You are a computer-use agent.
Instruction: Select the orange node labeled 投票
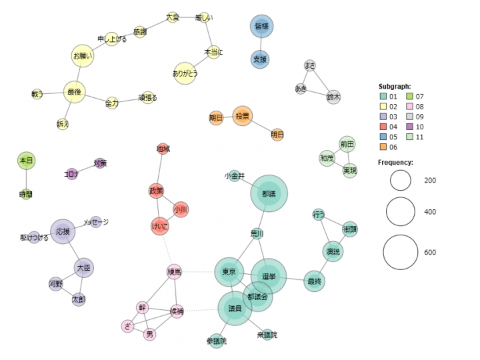243,116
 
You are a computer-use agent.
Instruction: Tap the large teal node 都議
269,194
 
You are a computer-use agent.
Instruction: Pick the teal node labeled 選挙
269,275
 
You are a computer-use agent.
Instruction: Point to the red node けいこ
160,227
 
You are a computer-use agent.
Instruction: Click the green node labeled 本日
26,161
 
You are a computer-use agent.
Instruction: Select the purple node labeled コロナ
71,174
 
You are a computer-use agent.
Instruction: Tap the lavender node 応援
63,231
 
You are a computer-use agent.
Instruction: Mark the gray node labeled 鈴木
333,97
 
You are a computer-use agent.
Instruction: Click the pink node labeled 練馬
175,271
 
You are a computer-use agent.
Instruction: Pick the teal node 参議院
216,341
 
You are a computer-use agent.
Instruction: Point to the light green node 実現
350,171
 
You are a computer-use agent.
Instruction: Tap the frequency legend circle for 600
401,252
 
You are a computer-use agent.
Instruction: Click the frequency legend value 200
430,180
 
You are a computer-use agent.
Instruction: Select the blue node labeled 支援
260,59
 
